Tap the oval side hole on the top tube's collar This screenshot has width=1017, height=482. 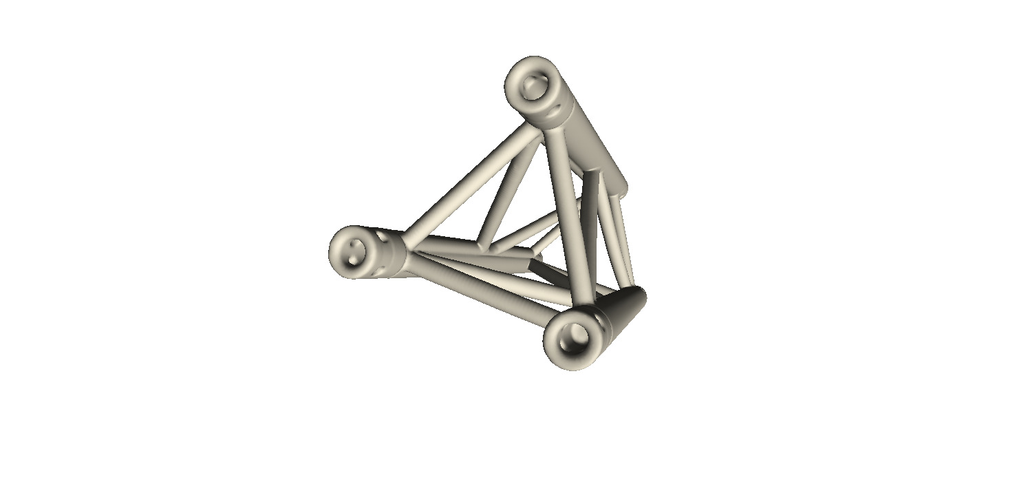click(555, 109)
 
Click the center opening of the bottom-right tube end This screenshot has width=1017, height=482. click(575, 337)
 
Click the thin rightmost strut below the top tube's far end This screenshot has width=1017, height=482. click(625, 241)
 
